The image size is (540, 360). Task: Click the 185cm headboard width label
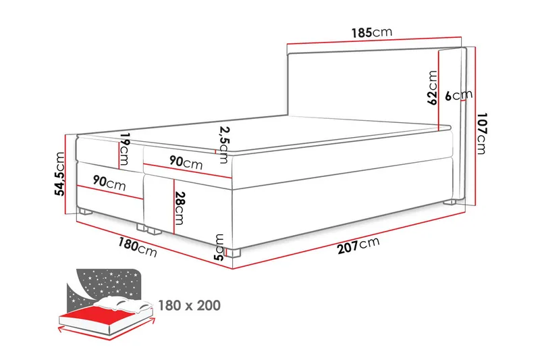(371, 32)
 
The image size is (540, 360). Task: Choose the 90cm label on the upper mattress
(184, 163)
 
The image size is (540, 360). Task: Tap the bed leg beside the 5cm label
(234, 254)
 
